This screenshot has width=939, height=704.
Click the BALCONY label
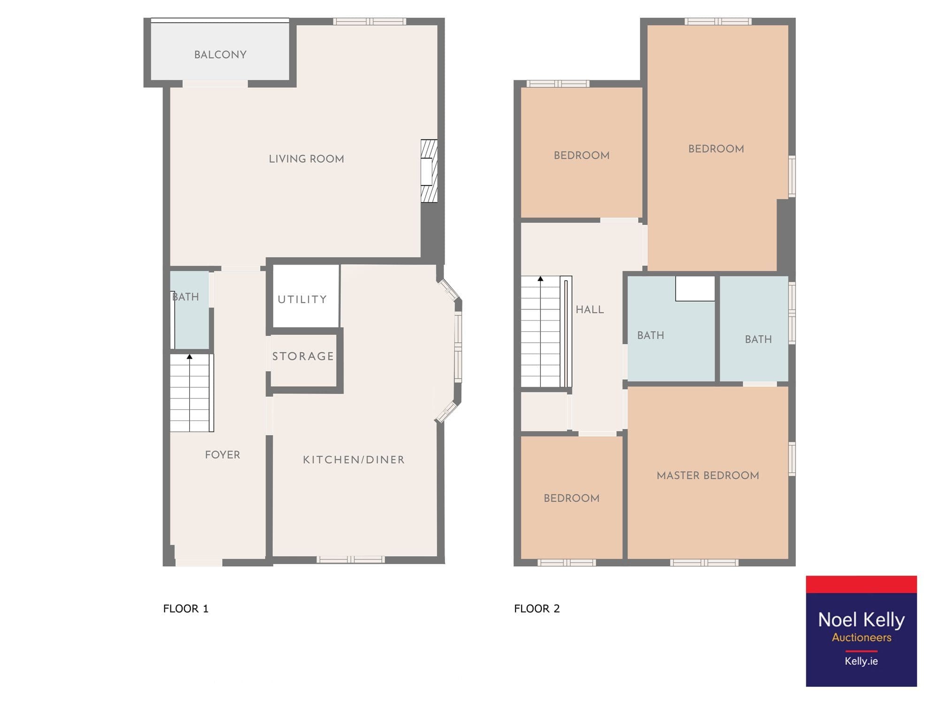pyautogui.click(x=220, y=54)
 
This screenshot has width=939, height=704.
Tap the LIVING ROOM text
pyautogui.click(x=306, y=159)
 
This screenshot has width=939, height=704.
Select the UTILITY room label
pyautogui.click(x=302, y=299)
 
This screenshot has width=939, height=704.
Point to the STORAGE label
pyautogui.click(x=303, y=356)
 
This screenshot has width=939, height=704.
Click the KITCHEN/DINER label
pyautogui.click(x=354, y=460)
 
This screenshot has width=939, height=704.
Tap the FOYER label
pyautogui.click(x=223, y=455)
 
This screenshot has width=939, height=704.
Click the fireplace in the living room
pyautogui.click(x=429, y=171)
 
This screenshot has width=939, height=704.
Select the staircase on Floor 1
pyautogui.click(x=192, y=393)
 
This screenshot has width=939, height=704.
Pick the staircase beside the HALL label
pyautogui.click(x=546, y=331)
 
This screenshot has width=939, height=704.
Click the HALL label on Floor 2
pyautogui.click(x=590, y=310)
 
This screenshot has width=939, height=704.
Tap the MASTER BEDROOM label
pyautogui.click(x=708, y=475)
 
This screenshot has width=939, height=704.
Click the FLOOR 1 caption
pyautogui.click(x=185, y=609)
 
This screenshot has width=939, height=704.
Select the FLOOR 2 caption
pyautogui.click(x=537, y=609)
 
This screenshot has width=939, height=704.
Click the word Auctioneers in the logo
pyautogui.click(x=862, y=637)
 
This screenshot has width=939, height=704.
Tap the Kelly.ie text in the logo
pyautogui.click(x=861, y=661)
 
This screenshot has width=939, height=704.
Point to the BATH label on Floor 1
pyautogui.click(x=185, y=297)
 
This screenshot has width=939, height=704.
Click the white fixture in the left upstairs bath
pyautogui.click(x=695, y=288)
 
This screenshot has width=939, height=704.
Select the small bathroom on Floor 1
pyautogui.click(x=189, y=310)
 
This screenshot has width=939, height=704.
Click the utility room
pyautogui.click(x=306, y=296)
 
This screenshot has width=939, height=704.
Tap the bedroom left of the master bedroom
pyautogui.click(x=571, y=497)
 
